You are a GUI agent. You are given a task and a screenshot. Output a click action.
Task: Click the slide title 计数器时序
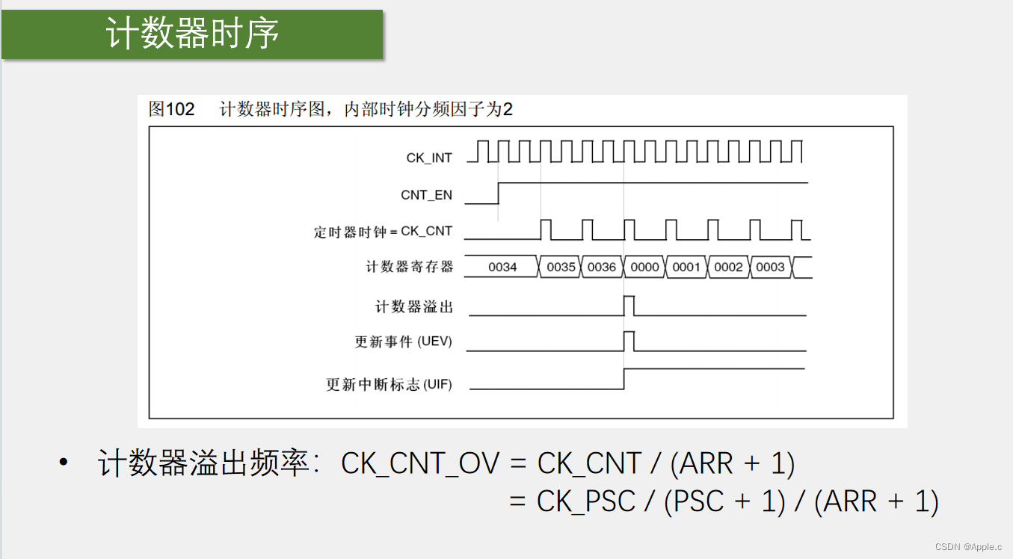tap(192, 34)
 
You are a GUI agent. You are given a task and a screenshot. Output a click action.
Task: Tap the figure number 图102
tap(171, 110)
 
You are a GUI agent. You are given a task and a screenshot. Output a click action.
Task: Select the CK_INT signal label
tap(429, 158)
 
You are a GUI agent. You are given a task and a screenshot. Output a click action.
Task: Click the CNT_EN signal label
tap(426, 195)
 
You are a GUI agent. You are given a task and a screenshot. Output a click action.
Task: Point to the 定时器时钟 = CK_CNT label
tap(383, 232)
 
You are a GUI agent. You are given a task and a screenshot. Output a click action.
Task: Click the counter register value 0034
tap(502, 267)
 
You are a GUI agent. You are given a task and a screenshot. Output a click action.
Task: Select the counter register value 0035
tap(561, 267)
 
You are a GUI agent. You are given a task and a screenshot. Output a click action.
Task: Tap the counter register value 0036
tap(602, 267)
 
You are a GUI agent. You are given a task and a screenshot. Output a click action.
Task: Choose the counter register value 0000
tap(644, 267)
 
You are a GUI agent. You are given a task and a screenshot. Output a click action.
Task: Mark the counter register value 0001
tap(686, 267)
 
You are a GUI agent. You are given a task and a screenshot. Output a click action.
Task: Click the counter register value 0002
tap(728, 267)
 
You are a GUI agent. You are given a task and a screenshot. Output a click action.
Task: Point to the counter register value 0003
tap(770, 267)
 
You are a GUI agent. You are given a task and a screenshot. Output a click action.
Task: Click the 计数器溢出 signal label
tap(413, 307)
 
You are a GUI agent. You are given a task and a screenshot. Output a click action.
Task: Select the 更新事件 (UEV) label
tap(403, 342)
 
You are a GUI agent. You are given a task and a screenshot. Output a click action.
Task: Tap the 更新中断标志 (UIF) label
tap(389, 386)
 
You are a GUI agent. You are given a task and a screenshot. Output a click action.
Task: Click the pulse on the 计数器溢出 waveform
tap(629, 306)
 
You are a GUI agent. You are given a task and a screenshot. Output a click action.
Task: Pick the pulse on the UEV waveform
tap(629, 341)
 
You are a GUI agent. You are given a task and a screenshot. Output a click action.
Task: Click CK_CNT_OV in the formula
tap(419, 464)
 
